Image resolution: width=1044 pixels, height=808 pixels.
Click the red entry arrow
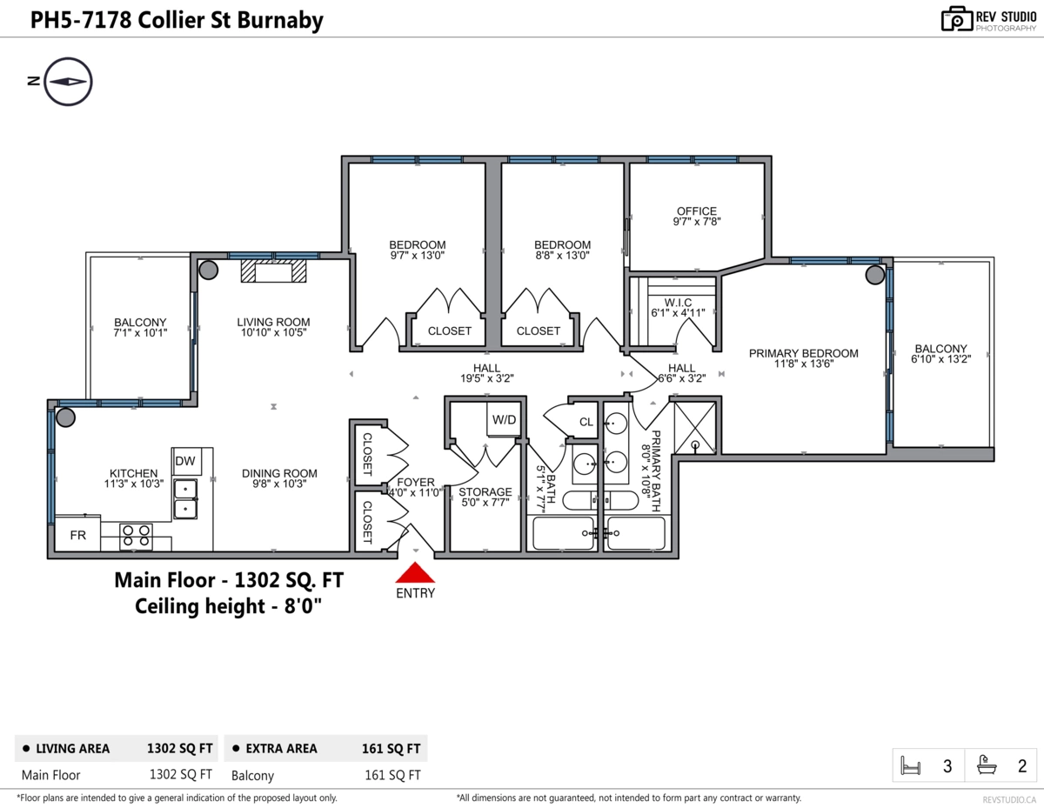pyautogui.click(x=415, y=573)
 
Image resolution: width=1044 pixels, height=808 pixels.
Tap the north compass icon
pyautogui.click(x=68, y=82)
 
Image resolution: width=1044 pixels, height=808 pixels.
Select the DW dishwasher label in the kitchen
pyautogui.click(x=185, y=461)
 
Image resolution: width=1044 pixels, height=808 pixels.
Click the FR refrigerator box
pyautogui.click(x=77, y=534)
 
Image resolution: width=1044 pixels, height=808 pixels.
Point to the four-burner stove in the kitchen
pyautogui.click(x=136, y=537)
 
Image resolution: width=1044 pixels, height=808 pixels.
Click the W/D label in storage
pyautogui.click(x=504, y=420)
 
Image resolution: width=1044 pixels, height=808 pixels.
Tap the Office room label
pyautogui.click(x=697, y=216)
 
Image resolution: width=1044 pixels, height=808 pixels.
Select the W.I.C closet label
pyautogui.click(x=678, y=308)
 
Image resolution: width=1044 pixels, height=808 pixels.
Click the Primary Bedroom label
pyautogui.click(x=803, y=358)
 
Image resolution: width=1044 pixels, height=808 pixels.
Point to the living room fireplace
pyautogui.click(x=273, y=270)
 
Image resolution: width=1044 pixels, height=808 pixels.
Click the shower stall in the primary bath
pyautogui.click(x=695, y=428)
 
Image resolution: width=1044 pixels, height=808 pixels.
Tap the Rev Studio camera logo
pyautogui.click(x=957, y=19)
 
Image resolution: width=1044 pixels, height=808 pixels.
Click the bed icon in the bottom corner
pyautogui.click(x=910, y=765)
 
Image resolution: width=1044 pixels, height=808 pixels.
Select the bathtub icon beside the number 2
pyautogui.click(x=987, y=765)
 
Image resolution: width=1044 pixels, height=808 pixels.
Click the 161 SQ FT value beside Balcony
pyautogui.click(x=392, y=775)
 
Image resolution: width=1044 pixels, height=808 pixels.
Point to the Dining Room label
pyautogui.click(x=279, y=478)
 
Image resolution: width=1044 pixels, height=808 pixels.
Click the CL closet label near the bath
pyautogui.click(x=586, y=422)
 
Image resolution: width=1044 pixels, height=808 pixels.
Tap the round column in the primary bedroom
pyautogui.click(x=875, y=275)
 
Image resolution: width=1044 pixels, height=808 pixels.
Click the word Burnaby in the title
pyautogui.click(x=280, y=21)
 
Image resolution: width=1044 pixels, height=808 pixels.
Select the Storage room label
pyautogui.click(x=485, y=497)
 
